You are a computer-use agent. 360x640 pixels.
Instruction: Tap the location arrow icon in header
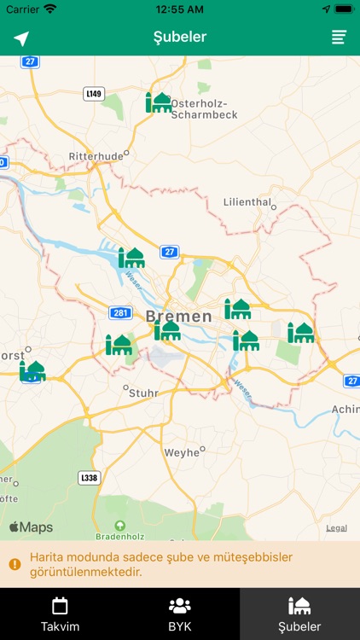click(21, 38)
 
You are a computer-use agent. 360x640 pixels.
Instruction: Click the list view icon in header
click(339, 38)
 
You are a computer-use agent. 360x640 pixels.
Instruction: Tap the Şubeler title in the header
click(180, 38)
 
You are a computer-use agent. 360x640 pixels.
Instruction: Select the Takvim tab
click(60, 614)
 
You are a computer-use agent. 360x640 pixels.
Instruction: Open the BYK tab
click(180, 614)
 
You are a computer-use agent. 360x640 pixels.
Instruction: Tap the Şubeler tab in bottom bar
click(299, 614)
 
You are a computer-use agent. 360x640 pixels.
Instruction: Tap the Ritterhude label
click(96, 157)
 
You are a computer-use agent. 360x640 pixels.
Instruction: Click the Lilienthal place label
click(247, 202)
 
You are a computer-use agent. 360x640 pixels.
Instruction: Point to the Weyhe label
click(181, 452)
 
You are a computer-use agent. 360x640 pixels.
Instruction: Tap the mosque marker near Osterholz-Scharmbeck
click(159, 102)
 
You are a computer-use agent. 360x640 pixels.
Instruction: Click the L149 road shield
click(94, 93)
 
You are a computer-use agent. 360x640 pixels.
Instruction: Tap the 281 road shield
click(120, 313)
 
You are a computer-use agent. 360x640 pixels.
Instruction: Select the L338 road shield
click(88, 477)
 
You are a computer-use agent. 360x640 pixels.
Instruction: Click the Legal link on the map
click(336, 528)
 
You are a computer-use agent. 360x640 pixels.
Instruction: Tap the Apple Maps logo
click(32, 527)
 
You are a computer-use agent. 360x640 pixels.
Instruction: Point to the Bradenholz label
click(119, 537)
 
